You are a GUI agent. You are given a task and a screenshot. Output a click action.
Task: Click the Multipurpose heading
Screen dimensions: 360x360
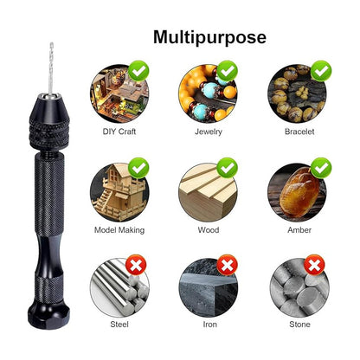(x=209, y=38)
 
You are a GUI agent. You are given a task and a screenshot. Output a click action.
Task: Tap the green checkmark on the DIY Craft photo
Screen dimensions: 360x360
(x=138, y=71)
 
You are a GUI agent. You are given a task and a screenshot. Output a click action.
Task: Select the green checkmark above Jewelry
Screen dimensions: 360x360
(x=228, y=71)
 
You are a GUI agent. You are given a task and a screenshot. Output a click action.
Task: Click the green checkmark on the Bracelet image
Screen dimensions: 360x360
(x=321, y=71)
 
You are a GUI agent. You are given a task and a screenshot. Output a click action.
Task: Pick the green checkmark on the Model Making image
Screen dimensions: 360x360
(x=138, y=168)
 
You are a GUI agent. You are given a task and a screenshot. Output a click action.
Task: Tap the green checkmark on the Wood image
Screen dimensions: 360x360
(x=228, y=168)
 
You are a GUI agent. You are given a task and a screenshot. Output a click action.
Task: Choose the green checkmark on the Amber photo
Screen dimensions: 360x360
(x=321, y=168)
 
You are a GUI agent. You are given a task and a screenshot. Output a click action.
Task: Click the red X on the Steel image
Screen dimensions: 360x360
(x=136, y=265)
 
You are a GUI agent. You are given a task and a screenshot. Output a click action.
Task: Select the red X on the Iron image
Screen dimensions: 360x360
(x=228, y=265)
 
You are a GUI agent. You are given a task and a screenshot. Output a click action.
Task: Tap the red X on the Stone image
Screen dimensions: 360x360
(x=314, y=265)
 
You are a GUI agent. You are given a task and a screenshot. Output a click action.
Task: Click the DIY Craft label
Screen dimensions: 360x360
(x=119, y=132)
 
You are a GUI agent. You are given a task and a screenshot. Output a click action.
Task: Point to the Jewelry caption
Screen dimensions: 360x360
(x=209, y=132)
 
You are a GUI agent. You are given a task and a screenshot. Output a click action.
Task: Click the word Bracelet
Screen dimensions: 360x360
(x=299, y=132)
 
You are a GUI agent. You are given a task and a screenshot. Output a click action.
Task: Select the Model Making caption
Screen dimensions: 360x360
(x=119, y=230)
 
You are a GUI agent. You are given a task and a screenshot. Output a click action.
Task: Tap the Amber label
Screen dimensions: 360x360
(x=299, y=230)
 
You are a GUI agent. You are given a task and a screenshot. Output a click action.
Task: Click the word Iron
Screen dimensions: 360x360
(x=210, y=325)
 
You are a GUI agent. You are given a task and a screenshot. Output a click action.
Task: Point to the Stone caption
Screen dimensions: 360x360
(x=299, y=325)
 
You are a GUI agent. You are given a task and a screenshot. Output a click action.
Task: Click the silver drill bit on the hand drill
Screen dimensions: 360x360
(x=51, y=68)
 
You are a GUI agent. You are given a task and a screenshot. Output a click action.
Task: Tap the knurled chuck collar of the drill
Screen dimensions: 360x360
(x=49, y=133)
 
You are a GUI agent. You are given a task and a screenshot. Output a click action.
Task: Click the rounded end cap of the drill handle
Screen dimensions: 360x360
(x=48, y=315)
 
